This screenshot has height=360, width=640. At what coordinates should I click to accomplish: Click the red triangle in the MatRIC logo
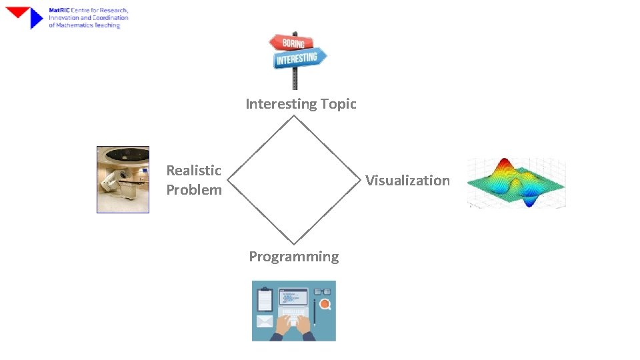click(19, 11)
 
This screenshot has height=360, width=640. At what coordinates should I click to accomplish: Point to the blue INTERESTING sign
click(299, 59)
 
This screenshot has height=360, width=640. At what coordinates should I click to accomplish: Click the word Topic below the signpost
click(338, 104)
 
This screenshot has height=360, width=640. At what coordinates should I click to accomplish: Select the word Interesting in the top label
click(281, 104)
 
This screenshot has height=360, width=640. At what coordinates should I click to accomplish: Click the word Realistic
click(193, 171)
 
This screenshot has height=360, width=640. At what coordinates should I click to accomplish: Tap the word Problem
click(193, 190)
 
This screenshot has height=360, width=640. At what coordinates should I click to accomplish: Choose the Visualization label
click(407, 181)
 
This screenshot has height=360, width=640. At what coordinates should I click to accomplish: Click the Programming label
click(294, 257)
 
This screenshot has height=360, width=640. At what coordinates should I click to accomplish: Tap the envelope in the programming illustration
click(265, 323)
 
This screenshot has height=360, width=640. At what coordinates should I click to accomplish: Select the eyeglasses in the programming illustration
click(323, 292)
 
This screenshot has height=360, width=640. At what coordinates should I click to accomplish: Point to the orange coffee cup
click(325, 305)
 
